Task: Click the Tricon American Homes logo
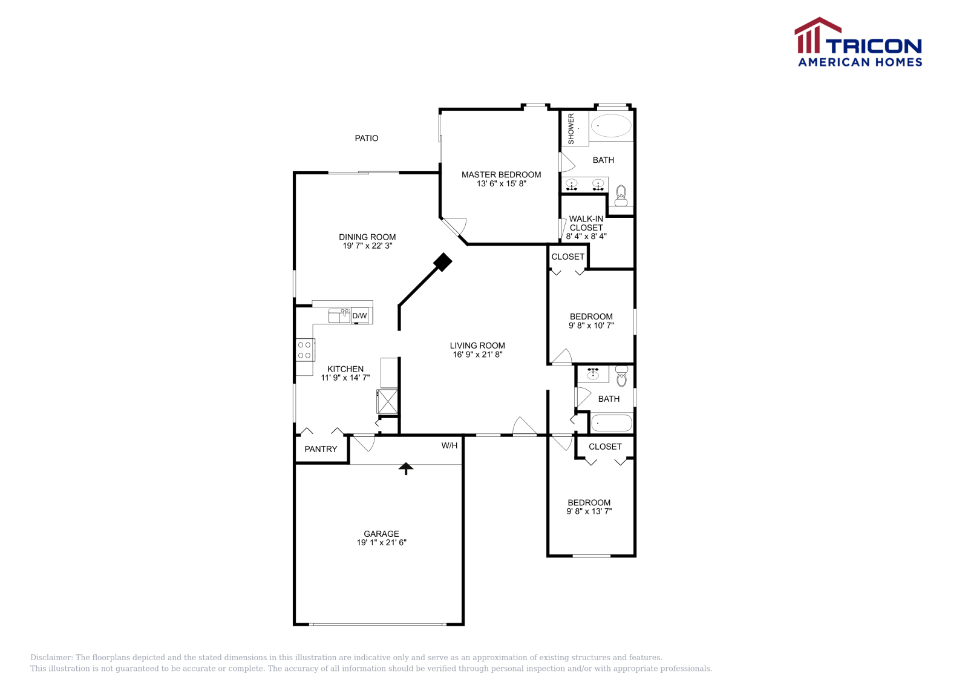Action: click(x=858, y=42)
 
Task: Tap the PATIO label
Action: click(x=367, y=139)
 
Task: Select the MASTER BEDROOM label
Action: click(x=501, y=174)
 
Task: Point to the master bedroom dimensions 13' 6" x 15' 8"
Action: click(x=501, y=184)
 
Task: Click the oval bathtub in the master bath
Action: click(x=611, y=126)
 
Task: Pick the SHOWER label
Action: click(x=571, y=129)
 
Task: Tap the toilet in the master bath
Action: click(x=621, y=196)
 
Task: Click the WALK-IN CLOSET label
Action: click(x=586, y=223)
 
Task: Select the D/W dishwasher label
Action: click(x=359, y=316)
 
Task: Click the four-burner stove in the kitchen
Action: click(x=304, y=350)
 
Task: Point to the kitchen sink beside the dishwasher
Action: click(x=339, y=315)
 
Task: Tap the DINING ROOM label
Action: click(x=367, y=237)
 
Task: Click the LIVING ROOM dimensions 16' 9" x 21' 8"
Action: click(x=477, y=355)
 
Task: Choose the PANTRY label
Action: click(x=321, y=449)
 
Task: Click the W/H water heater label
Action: click(x=450, y=446)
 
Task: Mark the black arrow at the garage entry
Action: click(x=405, y=468)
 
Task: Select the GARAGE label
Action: click(x=381, y=534)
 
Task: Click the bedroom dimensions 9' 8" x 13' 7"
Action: click(x=589, y=511)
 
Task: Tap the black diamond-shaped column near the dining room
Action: click(x=443, y=262)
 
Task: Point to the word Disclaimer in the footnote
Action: click(x=51, y=658)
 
